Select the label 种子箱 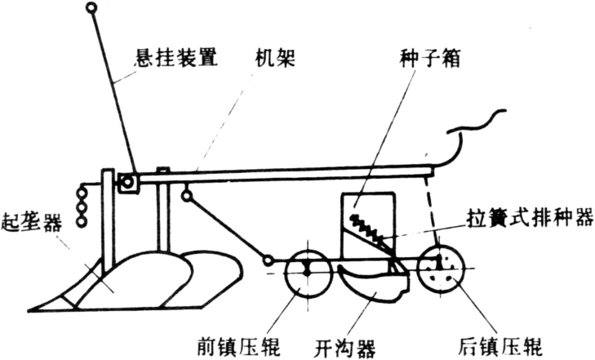click(420, 59)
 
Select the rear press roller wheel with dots click(441, 266)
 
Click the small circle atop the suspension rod click(91, 9)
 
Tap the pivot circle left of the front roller click(269, 260)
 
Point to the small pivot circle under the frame click(187, 196)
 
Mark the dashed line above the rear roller click(434, 208)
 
